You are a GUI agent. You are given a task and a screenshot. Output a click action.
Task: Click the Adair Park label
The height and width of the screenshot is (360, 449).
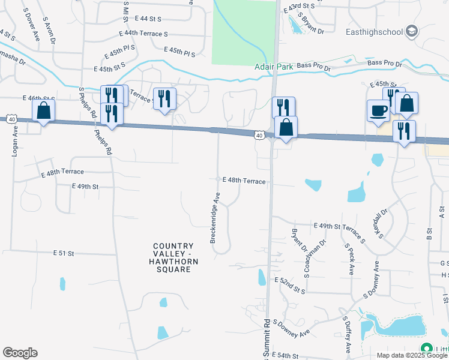274,67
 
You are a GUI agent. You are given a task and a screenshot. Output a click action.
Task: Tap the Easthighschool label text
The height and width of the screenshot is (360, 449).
375,32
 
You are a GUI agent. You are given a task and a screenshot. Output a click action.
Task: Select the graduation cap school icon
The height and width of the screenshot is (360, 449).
412,31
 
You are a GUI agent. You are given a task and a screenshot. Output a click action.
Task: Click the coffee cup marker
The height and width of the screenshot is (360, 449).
378,111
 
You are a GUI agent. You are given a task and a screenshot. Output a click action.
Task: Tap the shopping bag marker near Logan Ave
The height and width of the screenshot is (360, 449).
43,110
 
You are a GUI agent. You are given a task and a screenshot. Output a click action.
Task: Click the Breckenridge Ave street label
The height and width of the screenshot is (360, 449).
214,217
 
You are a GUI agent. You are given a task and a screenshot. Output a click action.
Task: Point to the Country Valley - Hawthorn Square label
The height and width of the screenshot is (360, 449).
173,257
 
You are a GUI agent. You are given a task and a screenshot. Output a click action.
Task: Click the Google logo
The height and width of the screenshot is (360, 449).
20,353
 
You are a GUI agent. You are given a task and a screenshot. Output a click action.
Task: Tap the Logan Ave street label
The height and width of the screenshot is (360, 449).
15,141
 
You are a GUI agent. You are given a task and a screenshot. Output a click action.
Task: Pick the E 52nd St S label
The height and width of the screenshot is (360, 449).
290,286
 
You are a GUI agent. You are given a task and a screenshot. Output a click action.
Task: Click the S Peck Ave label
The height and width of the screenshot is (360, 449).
349,259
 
